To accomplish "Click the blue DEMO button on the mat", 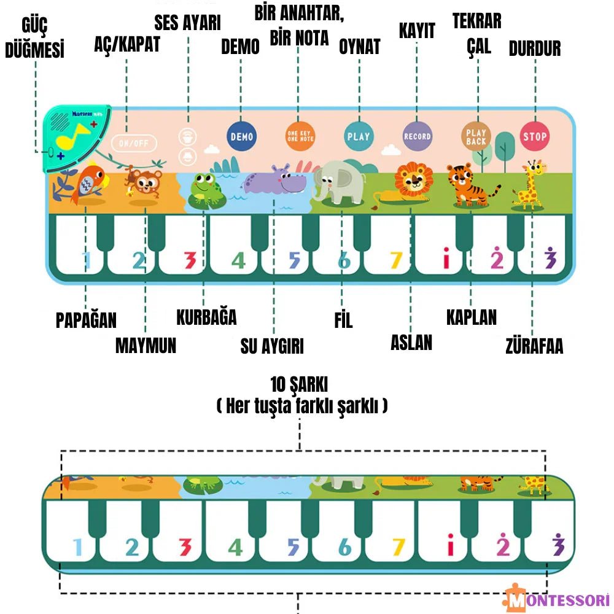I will (241, 136).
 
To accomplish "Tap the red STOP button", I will (535, 136).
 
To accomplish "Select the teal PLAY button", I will (359, 136).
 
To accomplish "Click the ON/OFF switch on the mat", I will (134, 143).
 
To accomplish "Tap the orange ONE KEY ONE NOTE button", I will (300, 136).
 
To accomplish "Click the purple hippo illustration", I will (274, 181).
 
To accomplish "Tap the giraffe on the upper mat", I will (530, 184).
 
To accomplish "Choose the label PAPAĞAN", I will (86, 320).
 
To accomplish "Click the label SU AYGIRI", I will (272, 346).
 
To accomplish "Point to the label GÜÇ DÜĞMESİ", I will (35, 38).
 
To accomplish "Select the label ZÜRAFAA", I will (534, 346).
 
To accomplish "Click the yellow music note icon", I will (73, 136).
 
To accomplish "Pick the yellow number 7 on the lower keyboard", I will (398, 546).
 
